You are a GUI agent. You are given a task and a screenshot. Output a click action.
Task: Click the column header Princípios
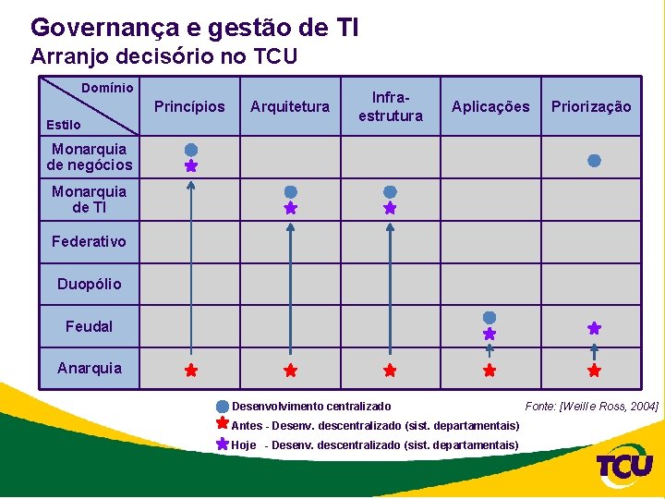click(x=189, y=106)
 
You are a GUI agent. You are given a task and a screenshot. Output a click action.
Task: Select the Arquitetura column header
click(x=290, y=106)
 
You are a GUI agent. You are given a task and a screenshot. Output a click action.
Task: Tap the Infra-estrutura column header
click(x=391, y=106)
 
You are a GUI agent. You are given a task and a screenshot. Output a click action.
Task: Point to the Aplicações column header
click(x=490, y=106)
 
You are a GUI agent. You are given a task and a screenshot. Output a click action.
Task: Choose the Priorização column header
click(x=591, y=106)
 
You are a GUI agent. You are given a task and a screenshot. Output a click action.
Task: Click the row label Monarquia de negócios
click(x=90, y=157)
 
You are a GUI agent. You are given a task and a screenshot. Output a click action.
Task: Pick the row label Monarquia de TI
click(x=90, y=200)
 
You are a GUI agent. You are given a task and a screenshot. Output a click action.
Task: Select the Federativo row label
click(x=90, y=241)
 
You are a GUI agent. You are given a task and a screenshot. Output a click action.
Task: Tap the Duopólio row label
click(x=90, y=284)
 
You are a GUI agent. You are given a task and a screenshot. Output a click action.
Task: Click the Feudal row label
click(x=90, y=326)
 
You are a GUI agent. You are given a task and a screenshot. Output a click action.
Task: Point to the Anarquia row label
click(x=90, y=368)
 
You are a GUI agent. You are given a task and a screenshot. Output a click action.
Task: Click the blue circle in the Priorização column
click(x=594, y=160)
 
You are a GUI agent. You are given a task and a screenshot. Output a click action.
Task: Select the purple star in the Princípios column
click(x=190, y=166)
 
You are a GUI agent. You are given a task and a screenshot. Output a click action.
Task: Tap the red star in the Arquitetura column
click(x=290, y=371)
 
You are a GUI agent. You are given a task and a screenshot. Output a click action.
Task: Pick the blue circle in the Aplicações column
click(x=490, y=318)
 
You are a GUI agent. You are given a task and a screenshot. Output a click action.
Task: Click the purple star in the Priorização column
click(x=594, y=328)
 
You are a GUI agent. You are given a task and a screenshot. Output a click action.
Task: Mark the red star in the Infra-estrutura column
click(x=390, y=371)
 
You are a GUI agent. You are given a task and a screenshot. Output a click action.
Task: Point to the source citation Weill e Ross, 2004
click(x=591, y=407)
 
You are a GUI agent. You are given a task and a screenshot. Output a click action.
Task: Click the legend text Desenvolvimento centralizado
click(x=311, y=407)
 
